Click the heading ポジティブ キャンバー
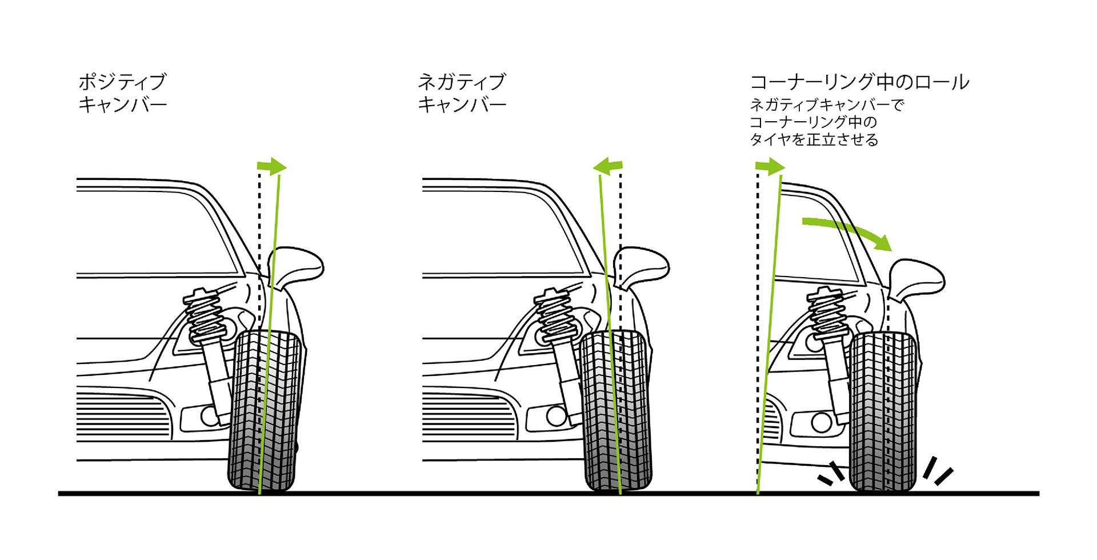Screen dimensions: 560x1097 [x=122, y=93]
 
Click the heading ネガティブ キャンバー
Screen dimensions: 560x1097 [x=462, y=93]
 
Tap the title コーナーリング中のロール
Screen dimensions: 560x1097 [x=859, y=82]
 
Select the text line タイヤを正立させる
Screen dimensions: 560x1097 [x=814, y=139]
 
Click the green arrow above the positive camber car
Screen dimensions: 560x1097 [x=272, y=167]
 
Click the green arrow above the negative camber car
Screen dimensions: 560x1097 [x=607, y=167]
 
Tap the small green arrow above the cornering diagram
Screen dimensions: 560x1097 [x=770, y=167]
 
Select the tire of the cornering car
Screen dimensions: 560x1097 [x=883, y=411]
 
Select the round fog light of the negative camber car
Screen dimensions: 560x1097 [x=556, y=416]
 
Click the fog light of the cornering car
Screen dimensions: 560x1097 [x=821, y=422]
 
